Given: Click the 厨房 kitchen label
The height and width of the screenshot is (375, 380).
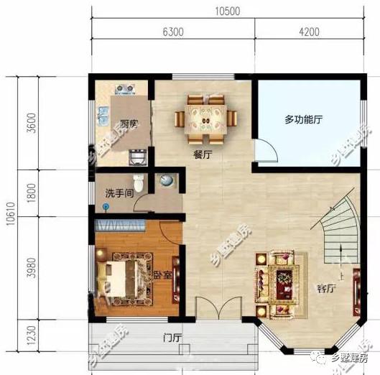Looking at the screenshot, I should tap(129, 124).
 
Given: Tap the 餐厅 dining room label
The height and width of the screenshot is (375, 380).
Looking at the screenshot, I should tap(202, 154).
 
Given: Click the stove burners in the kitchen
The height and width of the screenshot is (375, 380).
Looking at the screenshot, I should tap(124, 89).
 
